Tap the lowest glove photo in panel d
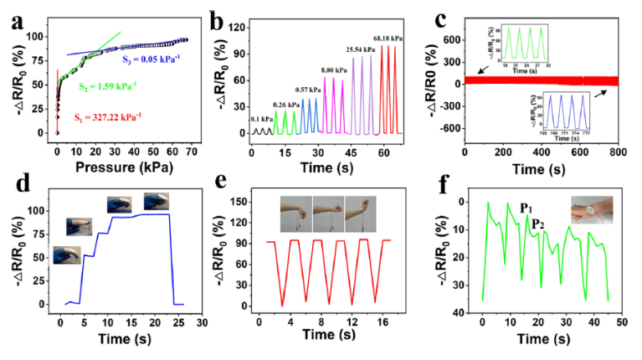(68, 255)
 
